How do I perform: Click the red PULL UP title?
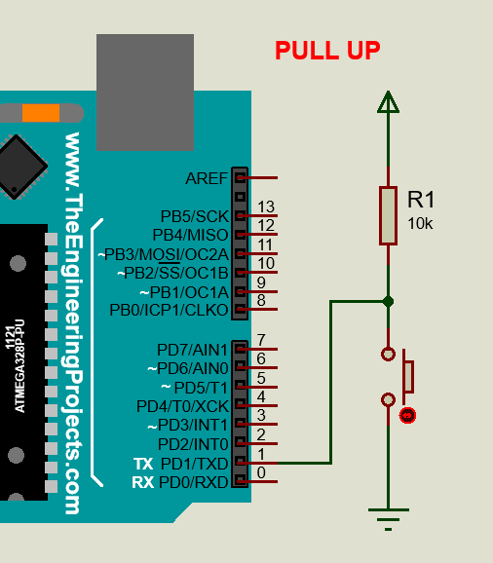coord(327,51)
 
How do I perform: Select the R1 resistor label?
coord(421,201)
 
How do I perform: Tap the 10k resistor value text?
coord(420,224)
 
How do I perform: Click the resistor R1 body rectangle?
coord(389,215)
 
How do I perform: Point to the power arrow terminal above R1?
coord(389,101)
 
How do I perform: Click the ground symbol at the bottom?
coord(389,516)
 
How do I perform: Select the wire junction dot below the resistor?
coord(389,301)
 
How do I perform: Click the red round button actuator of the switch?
coord(408,416)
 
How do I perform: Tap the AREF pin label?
coord(206,178)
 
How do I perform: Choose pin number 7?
coord(261,340)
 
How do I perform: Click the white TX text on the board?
coord(142,464)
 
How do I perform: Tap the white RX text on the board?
coord(142,482)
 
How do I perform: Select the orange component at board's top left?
coord(41,112)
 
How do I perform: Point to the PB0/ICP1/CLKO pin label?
coord(169,311)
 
